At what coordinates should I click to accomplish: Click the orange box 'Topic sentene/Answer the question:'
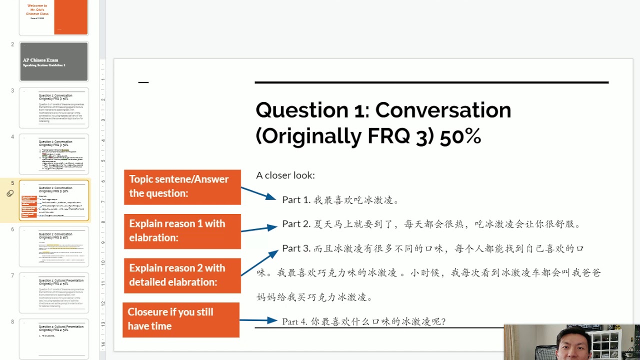pyautogui.click(x=182, y=186)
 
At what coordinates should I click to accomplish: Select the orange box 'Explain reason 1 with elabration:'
pyautogui.click(x=182, y=231)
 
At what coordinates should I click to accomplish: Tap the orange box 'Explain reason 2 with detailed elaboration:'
pyautogui.click(x=182, y=275)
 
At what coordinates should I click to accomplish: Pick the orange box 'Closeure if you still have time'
pyautogui.click(x=180, y=319)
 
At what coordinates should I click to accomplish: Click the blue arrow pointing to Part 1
pyautogui.click(x=258, y=193)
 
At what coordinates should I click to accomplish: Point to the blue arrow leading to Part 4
pyautogui.click(x=258, y=320)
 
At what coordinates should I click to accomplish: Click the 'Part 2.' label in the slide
pyautogui.click(x=296, y=224)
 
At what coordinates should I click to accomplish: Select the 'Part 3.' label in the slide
pyautogui.click(x=296, y=248)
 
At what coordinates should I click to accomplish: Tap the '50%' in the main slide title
pyautogui.click(x=460, y=136)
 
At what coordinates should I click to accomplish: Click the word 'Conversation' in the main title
pyautogui.click(x=443, y=110)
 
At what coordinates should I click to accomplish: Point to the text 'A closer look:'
pyautogui.click(x=285, y=175)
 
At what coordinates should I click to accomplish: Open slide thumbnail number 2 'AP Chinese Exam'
pyautogui.click(x=54, y=61)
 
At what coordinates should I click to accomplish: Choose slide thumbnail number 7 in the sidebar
pyautogui.click(x=54, y=292)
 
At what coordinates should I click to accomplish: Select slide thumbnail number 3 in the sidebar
pyautogui.click(x=54, y=107)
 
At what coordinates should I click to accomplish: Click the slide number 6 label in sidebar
pyautogui.click(x=12, y=229)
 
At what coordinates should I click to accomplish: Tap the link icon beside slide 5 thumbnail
pyautogui.click(x=10, y=193)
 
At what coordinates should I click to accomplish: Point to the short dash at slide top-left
pyautogui.click(x=143, y=82)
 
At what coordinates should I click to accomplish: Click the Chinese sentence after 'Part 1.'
pyautogui.click(x=356, y=200)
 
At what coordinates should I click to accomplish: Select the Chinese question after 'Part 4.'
pyautogui.click(x=377, y=321)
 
